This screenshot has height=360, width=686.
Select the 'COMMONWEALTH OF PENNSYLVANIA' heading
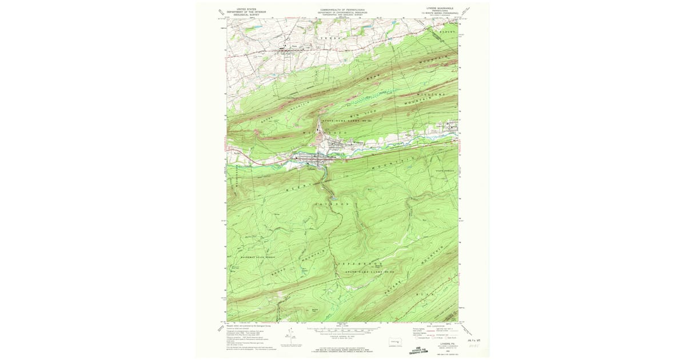(342, 10)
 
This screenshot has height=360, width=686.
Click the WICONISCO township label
(328, 133)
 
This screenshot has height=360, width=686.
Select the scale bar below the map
(343, 330)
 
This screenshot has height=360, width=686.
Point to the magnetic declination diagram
(290, 333)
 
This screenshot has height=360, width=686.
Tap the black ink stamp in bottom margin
(421, 350)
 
